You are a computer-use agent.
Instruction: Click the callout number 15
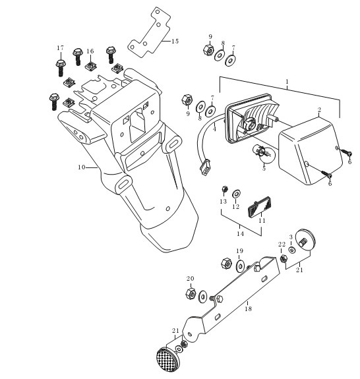(175, 42)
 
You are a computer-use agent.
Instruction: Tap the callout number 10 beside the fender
(82, 167)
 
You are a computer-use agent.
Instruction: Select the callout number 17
(61, 48)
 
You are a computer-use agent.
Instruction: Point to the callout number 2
(319, 109)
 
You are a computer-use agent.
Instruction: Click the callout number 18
(248, 308)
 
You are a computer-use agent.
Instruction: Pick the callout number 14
(240, 234)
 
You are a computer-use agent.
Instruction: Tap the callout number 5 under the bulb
(264, 168)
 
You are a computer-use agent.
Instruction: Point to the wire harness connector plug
(205, 168)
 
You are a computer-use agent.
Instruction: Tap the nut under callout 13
(224, 189)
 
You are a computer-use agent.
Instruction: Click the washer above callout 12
(236, 194)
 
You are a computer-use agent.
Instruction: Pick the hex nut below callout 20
(191, 293)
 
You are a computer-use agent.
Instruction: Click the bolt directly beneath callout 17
(60, 68)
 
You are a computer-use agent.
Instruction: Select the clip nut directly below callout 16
(91, 66)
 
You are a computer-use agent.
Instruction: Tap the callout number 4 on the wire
(214, 129)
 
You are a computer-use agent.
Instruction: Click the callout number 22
(282, 245)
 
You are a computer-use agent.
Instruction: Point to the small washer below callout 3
(292, 250)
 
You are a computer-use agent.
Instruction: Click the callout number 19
(239, 251)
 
